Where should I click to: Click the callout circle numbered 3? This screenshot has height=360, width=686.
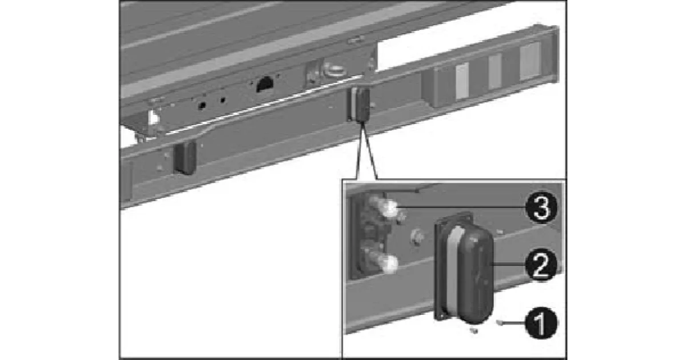pyautogui.click(x=541, y=208)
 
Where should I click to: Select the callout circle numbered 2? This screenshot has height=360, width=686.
pyautogui.click(x=541, y=265)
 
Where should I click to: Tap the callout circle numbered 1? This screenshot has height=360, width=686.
pyautogui.click(x=541, y=323)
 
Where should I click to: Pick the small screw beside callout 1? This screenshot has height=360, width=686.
pyautogui.click(x=500, y=322)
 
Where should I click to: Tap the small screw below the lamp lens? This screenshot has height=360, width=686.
pyautogui.click(x=474, y=330)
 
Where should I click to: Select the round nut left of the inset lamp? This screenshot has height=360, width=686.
pyautogui.click(x=418, y=237)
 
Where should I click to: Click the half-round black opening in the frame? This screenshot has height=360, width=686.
pyautogui.click(x=265, y=84)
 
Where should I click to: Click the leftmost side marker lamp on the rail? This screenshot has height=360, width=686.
pyautogui.click(x=185, y=158)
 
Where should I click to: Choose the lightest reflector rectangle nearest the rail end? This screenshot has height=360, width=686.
pyautogui.click(x=530, y=61)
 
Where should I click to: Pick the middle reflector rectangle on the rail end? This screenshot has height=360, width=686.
pyautogui.click(x=495, y=71)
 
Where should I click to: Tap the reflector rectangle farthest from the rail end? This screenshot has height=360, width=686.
pyautogui.click(x=462, y=81)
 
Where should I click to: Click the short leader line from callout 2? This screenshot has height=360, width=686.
pyautogui.click(x=509, y=264)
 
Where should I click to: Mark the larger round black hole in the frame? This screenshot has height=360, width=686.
pyautogui.click(x=201, y=106)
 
